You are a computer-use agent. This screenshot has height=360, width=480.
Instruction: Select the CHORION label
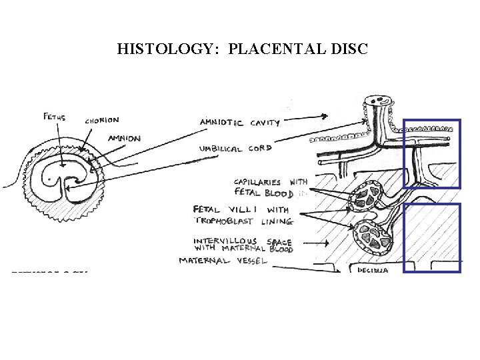(x=102, y=121)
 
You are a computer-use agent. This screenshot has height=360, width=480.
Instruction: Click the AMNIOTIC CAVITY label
(x=239, y=123)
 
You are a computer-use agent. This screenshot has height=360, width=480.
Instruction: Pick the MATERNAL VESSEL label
(x=223, y=260)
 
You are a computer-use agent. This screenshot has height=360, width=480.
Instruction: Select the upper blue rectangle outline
(x=433, y=153)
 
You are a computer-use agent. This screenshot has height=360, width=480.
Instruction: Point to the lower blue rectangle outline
(x=433, y=238)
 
